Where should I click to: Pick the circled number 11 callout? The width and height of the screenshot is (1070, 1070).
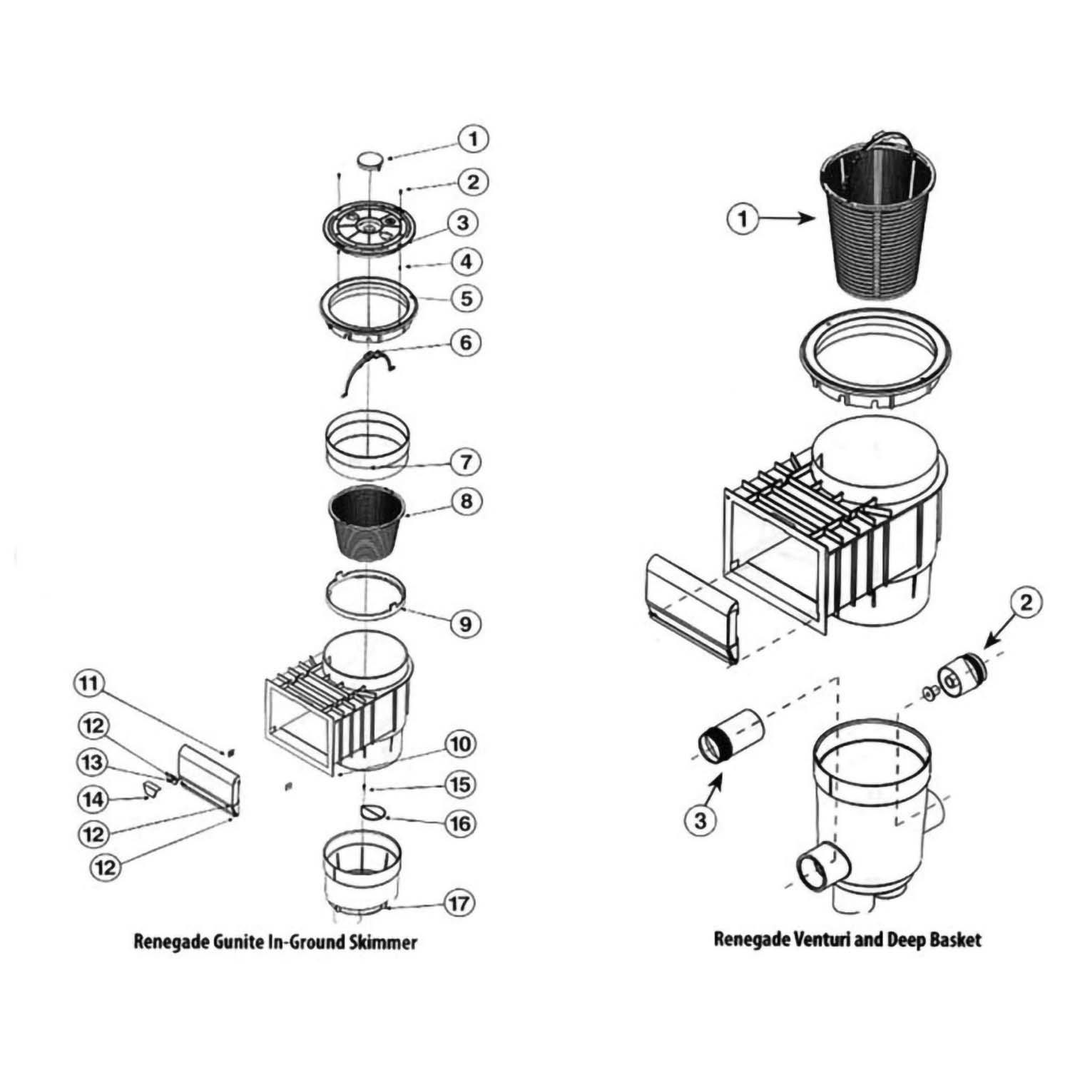coord(88,684)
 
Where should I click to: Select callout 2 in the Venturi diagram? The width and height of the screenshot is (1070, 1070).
coord(1026,603)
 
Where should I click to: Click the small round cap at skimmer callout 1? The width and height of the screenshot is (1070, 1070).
coord(370,160)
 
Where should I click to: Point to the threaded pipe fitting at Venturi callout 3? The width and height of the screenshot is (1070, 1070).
coord(730,735)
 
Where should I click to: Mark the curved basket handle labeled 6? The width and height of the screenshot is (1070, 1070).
coord(367,371)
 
